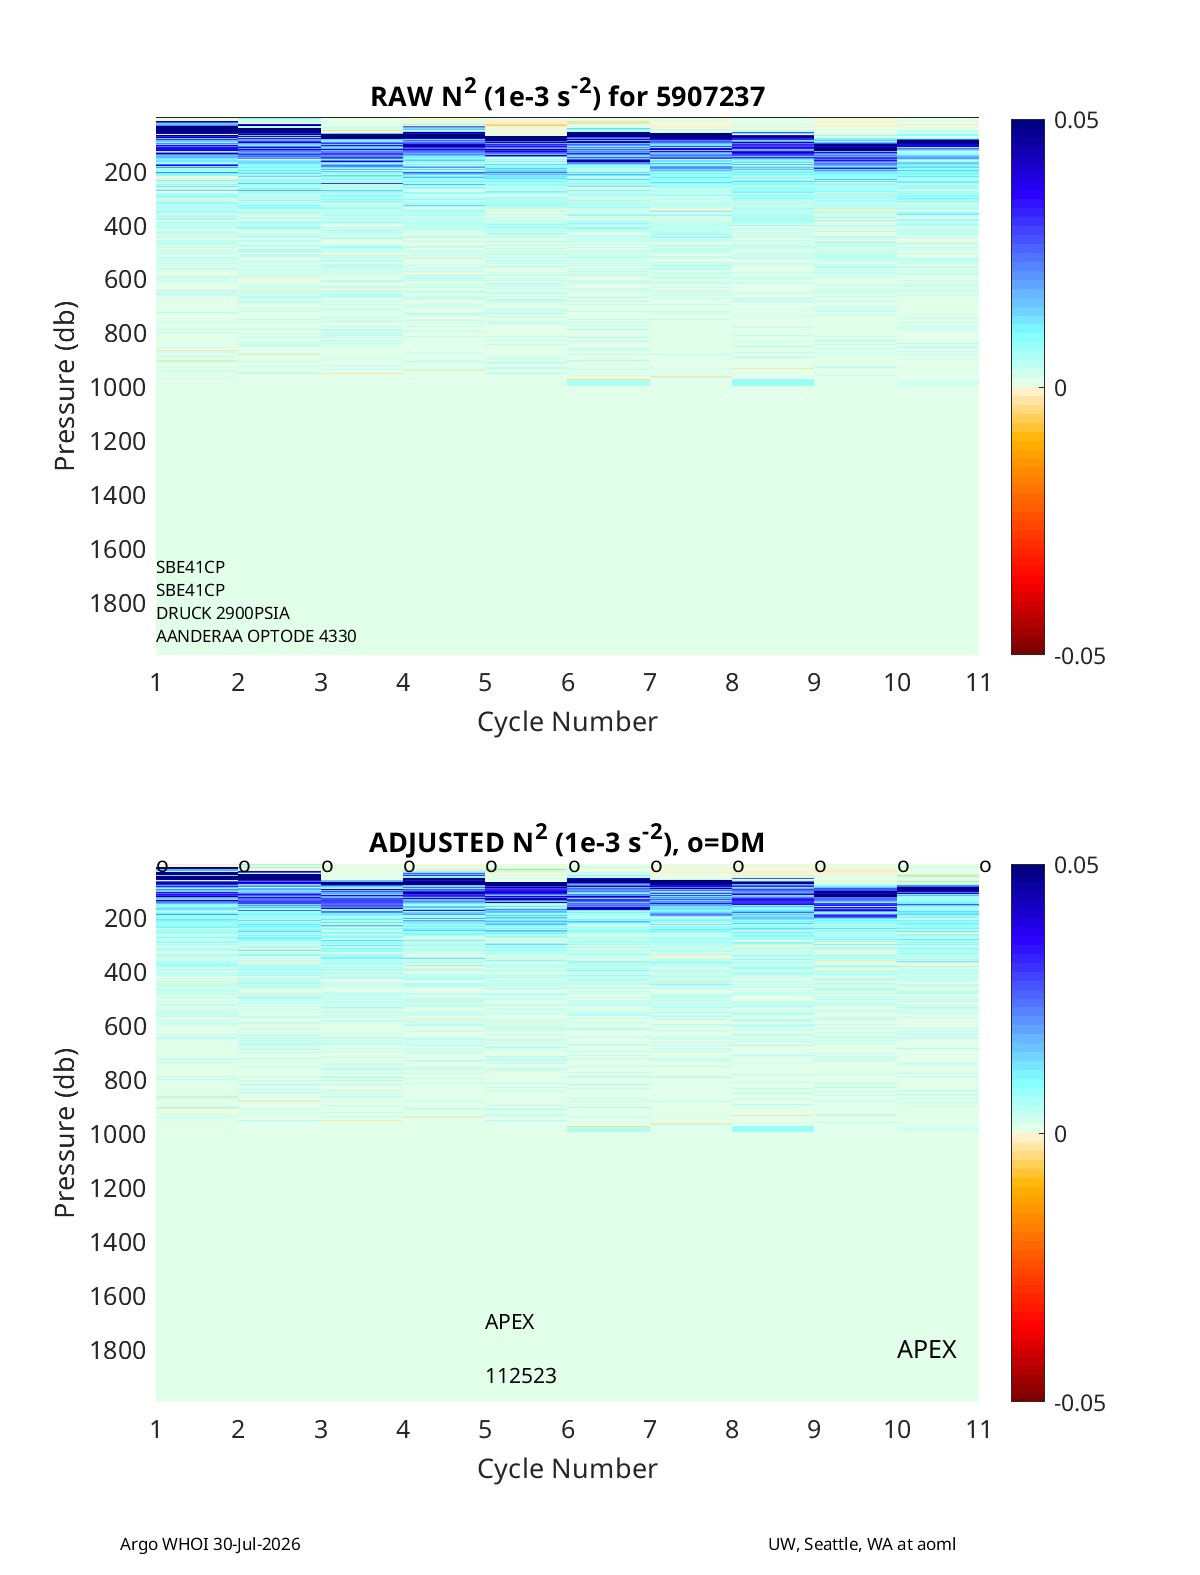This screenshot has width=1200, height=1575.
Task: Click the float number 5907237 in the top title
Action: tap(710, 96)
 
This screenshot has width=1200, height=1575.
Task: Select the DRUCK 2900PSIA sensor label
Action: tap(223, 613)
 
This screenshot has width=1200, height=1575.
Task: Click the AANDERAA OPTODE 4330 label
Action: tap(256, 636)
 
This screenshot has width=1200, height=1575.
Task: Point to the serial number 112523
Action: tap(521, 1376)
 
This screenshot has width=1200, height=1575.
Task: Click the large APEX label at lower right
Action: tap(927, 1349)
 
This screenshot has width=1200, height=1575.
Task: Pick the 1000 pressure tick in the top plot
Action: tap(118, 387)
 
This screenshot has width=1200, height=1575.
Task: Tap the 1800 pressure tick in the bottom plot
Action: tap(118, 1350)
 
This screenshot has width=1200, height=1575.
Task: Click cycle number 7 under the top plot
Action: tap(650, 682)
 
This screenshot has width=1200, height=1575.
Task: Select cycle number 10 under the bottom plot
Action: tap(897, 1429)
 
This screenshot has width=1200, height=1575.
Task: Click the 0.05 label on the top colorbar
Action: tap(1076, 120)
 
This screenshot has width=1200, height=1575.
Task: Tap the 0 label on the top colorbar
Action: tap(1060, 388)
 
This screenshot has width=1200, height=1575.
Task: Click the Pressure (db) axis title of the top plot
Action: tap(65, 386)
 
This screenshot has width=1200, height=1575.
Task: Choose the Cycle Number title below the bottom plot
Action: tap(567, 1468)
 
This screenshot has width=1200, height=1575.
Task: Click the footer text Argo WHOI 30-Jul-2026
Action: tap(210, 1543)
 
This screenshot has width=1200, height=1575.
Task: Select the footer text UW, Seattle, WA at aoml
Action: tap(861, 1543)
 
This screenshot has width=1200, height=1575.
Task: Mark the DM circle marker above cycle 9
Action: tap(821, 866)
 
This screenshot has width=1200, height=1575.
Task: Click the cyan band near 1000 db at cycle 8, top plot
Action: tap(773, 382)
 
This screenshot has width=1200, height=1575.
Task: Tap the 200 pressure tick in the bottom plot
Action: tap(125, 918)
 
